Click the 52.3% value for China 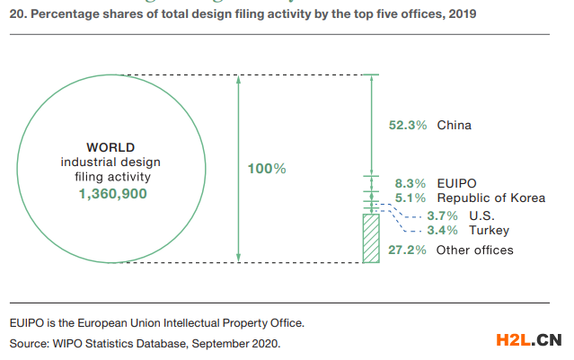[407, 125]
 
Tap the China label [454, 125]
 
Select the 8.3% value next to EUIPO [411, 182]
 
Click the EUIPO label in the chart [456, 182]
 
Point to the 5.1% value [411, 198]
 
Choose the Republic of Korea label [490, 198]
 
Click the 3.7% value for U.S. [442, 215]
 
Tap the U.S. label [481, 215]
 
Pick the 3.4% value [442, 231]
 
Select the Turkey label [489, 231]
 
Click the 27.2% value [407, 250]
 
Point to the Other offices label [474, 250]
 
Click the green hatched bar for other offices [370, 238]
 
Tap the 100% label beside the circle [267, 168]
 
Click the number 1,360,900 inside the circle [110, 193]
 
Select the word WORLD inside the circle [110, 146]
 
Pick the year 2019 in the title [462, 14]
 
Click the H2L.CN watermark [528, 339]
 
